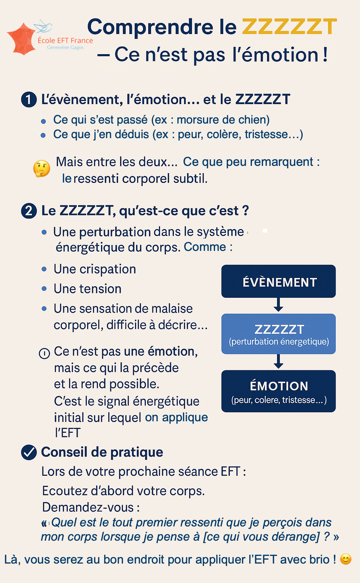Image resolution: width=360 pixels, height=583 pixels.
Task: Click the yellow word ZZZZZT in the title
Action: click(x=289, y=27)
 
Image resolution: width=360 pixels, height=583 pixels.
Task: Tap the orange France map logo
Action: click(x=22, y=39)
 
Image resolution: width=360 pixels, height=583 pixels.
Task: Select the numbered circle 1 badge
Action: click(x=29, y=100)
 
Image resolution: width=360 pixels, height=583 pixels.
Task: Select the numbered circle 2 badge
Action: click(x=29, y=211)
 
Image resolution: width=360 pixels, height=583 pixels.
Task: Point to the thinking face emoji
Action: click(x=42, y=169)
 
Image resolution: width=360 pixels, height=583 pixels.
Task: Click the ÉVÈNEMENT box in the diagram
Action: click(x=278, y=281)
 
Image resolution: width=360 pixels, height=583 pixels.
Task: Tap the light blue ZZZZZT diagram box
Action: click(x=278, y=334)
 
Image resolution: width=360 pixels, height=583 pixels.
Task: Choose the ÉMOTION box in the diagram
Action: click(x=278, y=391)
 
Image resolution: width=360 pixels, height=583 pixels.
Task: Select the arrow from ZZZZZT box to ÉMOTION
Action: click(x=278, y=362)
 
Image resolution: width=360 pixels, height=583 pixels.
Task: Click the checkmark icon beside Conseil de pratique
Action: click(x=29, y=452)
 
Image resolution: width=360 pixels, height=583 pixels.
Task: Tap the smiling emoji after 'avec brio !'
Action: click(x=346, y=559)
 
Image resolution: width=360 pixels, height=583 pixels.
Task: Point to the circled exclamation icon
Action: click(x=44, y=353)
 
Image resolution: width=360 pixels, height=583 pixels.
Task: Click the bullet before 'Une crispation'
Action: click(x=44, y=269)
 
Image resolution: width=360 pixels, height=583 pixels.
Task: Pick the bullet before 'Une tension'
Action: click(x=44, y=289)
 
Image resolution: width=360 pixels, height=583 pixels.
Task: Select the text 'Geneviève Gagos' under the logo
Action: click(x=65, y=48)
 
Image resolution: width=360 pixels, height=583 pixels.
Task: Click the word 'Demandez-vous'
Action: click(x=88, y=507)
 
